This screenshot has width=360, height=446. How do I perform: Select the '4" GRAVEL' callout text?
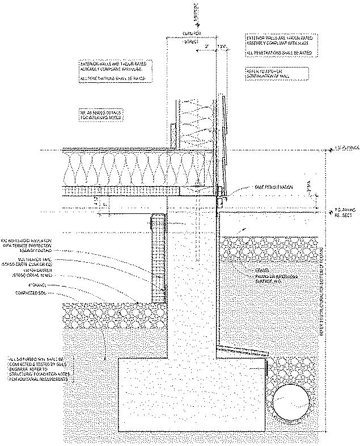pos(43,285)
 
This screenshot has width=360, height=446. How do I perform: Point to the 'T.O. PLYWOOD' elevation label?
pos(343,150)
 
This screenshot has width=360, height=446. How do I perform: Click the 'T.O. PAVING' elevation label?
pos(341,214)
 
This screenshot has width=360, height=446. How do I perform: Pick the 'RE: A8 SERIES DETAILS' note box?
pos(102,115)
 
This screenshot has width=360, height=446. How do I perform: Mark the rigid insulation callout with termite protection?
pos(28,244)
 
